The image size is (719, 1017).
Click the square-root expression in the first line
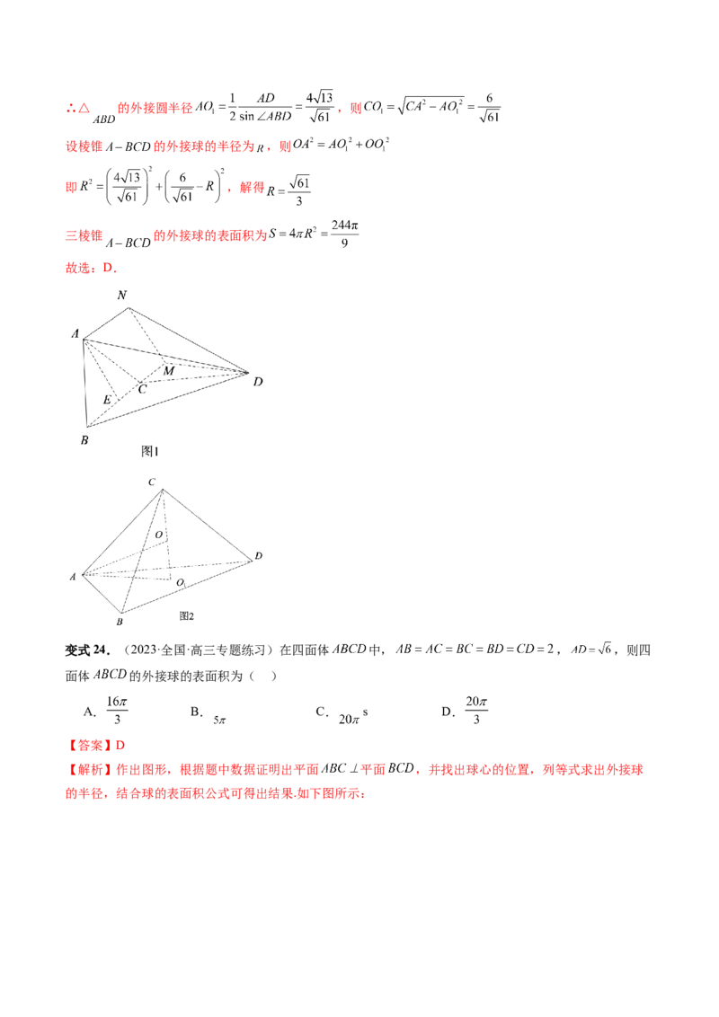coord(431,108)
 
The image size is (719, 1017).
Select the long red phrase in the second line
coord(207,146)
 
